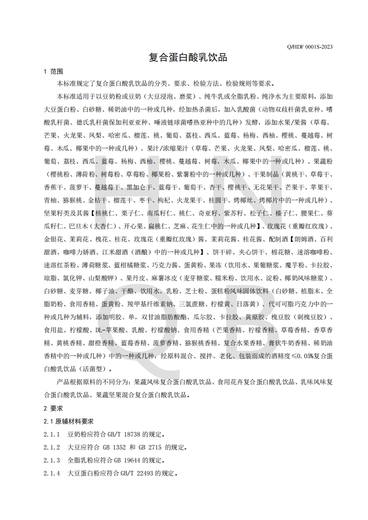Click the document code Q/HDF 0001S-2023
coord(310,47)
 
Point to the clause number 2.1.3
coord(52,461)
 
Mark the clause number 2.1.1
coord(52,435)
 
